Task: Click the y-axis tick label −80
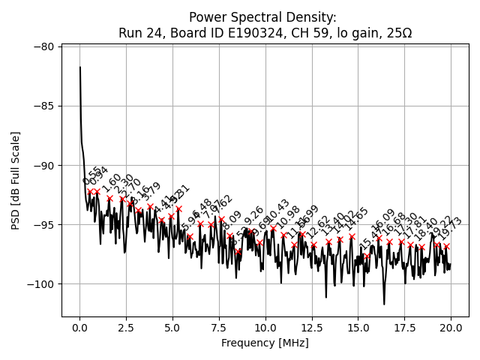[43, 46]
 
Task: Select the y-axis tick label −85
[43, 106]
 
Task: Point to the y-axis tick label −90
[43, 165]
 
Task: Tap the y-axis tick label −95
[43, 224]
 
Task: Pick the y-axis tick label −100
[40, 284]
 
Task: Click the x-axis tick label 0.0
[79, 328]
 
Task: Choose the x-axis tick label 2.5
[126, 328]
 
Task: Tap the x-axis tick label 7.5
[219, 328]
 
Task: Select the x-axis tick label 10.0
[265, 328]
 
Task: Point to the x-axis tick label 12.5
[311, 328]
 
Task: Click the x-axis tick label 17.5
[404, 328]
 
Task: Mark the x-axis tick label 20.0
[450, 328]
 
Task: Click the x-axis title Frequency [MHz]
[265, 343]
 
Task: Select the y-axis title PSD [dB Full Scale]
[15, 180]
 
